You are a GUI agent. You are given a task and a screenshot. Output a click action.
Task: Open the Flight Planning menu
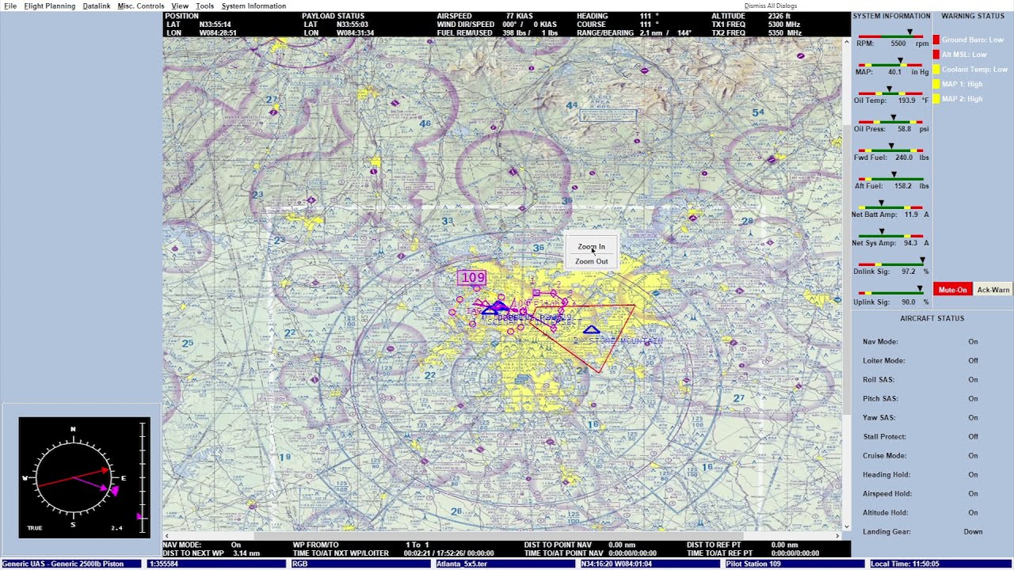tap(50, 6)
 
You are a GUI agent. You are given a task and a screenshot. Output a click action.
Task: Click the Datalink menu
tap(97, 6)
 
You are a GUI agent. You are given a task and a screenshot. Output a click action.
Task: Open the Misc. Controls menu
tap(141, 6)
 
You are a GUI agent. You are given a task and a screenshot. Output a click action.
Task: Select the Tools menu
tap(204, 6)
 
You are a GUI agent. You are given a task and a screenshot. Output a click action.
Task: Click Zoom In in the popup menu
tap(591, 247)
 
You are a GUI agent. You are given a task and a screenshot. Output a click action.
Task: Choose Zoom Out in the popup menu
tap(591, 261)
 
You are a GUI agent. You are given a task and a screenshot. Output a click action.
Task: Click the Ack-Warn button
tap(993, 290)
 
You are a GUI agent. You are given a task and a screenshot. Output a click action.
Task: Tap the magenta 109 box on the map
tap(472, 277)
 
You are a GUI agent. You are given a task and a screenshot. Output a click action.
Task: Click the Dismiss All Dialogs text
tap(770, 6)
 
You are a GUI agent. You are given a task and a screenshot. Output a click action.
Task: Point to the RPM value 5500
tap(898, 44)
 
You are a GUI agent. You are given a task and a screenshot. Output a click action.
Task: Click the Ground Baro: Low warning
tap(972, 40)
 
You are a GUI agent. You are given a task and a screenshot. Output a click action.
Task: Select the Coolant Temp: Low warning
tap(974, 70)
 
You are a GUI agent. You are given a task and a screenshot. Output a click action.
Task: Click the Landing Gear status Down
tap(973, 532)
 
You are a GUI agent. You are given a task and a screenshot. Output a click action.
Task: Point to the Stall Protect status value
tap(973, 437)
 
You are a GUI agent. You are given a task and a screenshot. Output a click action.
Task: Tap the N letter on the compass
tap(73, 429)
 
